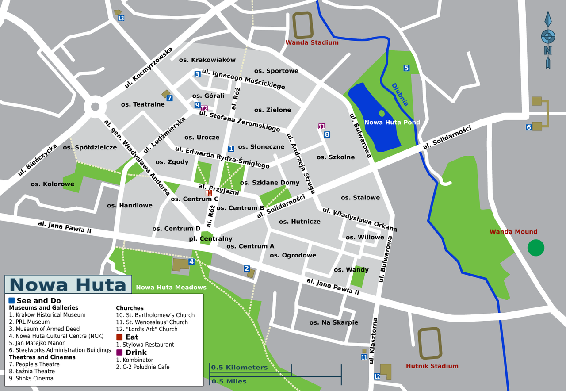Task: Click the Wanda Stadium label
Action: [x=312, y=43]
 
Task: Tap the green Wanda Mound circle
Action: [x=535, y=248]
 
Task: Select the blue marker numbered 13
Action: [x=121, y=18]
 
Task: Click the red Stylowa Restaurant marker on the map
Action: [x=209, y=193]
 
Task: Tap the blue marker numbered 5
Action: [x=406, y=68]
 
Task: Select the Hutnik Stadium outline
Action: [x=429, y=343]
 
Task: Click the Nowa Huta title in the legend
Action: [x=68, y=284]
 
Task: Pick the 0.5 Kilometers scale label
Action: [x=239, y=368]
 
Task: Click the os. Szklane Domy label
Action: [x=269, y=183]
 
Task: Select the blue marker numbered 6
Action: [x=528, y=127]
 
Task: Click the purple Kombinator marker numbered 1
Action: [x=321, y=126]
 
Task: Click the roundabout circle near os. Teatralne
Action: [x=95, y=106]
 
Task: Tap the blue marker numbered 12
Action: [x=377, y=376]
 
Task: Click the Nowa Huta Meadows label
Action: [x=171, y=287]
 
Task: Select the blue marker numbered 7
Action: [x=169, y=98]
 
